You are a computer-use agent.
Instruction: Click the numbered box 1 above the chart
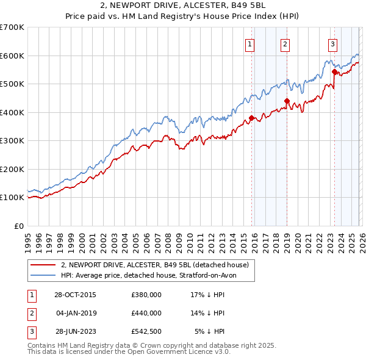[251, 43]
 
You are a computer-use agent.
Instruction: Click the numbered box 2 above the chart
[285, 43]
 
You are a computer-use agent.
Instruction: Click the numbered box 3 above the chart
[332, 43]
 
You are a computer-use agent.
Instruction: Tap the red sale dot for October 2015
[251, 118]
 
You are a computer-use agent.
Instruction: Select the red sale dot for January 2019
[286, 101]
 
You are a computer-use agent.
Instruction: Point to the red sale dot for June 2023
[334, 72]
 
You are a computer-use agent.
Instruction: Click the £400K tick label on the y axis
[12, 112]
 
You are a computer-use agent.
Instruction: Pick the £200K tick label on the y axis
[12, 169]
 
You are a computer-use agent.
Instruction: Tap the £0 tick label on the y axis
[18, 226]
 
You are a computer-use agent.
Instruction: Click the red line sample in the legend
[43, 265]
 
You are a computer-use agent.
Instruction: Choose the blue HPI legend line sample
[43, 276]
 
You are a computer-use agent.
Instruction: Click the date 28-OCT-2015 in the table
[75, 294]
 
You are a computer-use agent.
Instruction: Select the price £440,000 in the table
[146, 313]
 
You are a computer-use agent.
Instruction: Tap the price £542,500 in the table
[146, 331]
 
